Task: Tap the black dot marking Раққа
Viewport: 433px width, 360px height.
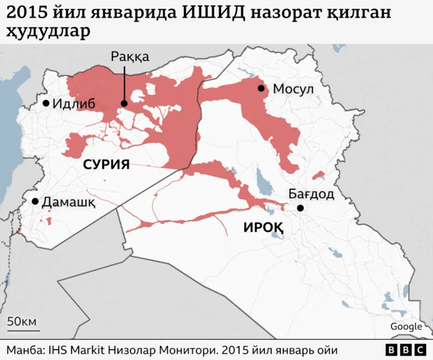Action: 124,104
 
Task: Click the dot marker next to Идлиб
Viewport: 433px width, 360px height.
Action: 46,104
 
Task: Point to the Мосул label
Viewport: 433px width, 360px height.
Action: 294,89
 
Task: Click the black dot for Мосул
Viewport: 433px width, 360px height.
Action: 260,88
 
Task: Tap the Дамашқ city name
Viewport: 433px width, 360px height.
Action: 68,202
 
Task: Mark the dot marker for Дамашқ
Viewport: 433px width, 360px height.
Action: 35,202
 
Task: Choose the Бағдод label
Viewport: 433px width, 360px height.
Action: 311,194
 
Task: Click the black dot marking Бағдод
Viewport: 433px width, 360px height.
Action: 301,208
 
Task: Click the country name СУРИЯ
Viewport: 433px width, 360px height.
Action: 106,164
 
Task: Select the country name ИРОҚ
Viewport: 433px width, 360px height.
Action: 263,228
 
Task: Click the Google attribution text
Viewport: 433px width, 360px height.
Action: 406,327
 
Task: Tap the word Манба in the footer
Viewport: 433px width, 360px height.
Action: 24,349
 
